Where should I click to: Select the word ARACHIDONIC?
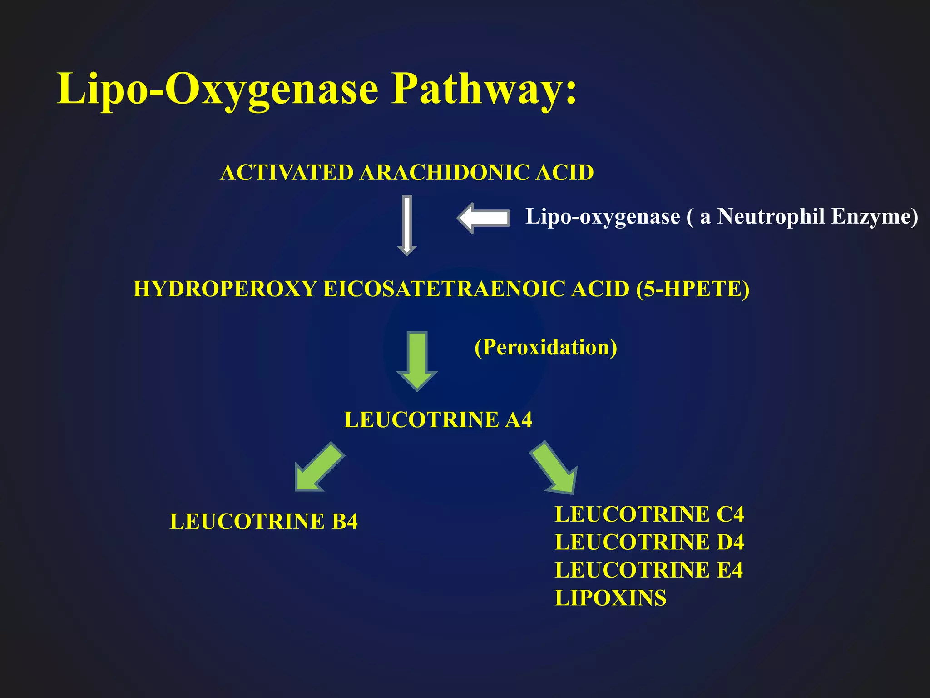445,173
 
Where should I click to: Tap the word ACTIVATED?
287,173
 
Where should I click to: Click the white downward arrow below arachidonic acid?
407,225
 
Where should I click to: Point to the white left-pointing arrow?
483,218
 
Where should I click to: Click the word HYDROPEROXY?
225,289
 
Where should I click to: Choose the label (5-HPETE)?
693,289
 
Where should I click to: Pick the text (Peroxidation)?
545,347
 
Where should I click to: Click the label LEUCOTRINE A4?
438,419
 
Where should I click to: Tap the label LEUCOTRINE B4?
263,521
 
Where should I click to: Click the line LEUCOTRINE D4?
649,542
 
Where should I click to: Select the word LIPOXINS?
610,598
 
